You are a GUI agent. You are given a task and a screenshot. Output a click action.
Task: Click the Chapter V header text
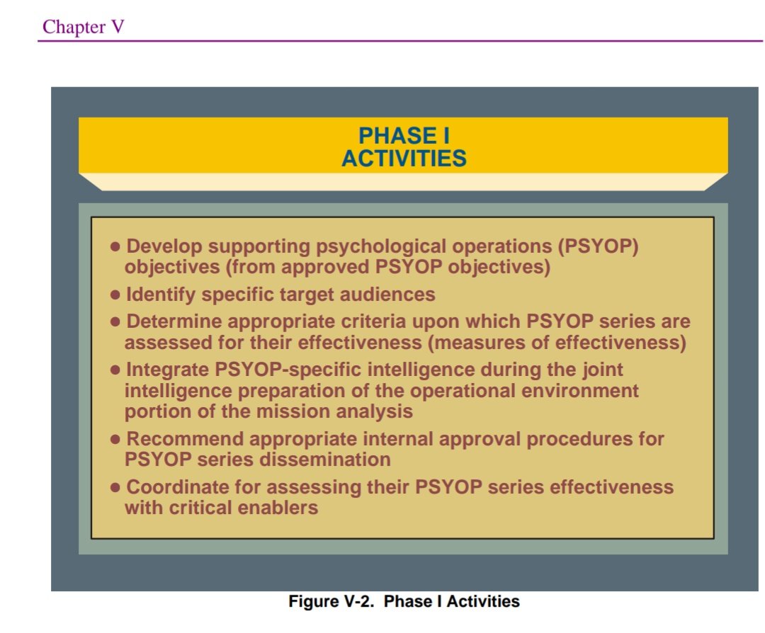pyautogui.click(x=84, y=27)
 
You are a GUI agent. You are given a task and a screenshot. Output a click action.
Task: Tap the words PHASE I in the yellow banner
pyautogui.click(x=404, y=136)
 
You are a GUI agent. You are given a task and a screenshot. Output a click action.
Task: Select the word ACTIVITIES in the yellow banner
pyautogui.click(x=404, y=158)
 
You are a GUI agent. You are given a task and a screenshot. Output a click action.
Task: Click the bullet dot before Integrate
pyautogui.click(x=116, y=370)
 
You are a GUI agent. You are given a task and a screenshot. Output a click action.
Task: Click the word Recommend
pyautogui.click(x=184, y=439)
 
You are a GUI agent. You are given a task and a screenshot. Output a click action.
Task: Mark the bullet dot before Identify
pyautogui.click(x=116, y=295)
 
